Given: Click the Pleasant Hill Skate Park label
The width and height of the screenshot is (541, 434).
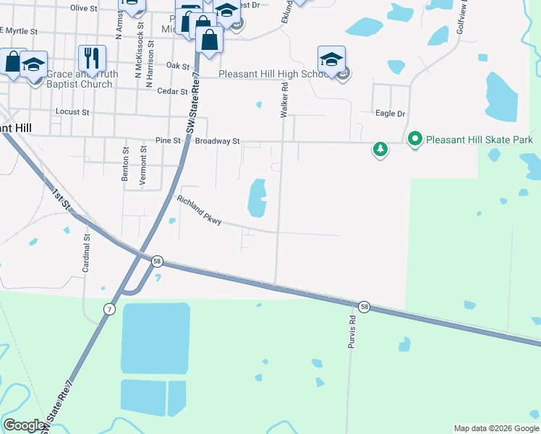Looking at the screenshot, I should tap(480, 139).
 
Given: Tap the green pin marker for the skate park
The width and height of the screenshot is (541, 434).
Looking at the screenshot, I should tap(415, 139).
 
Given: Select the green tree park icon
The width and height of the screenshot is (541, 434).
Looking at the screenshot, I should tap(380, 150).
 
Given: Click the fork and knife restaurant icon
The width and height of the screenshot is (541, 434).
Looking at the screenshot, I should tap(92, 57).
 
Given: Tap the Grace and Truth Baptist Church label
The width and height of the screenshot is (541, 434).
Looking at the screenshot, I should tap(79, 79).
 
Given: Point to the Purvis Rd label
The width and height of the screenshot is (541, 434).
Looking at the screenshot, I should tap(352, 329).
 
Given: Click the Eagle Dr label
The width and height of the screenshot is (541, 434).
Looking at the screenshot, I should tap(391, 114).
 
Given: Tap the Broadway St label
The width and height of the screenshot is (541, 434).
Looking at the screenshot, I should tap(217, 141).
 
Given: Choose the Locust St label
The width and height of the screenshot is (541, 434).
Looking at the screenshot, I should tap(72, 112).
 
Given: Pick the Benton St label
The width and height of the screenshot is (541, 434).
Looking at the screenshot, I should tap(126, 165).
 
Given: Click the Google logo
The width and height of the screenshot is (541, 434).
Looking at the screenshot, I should tap(24, 425).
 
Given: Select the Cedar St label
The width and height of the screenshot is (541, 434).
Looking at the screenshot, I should tap(172, 91).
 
